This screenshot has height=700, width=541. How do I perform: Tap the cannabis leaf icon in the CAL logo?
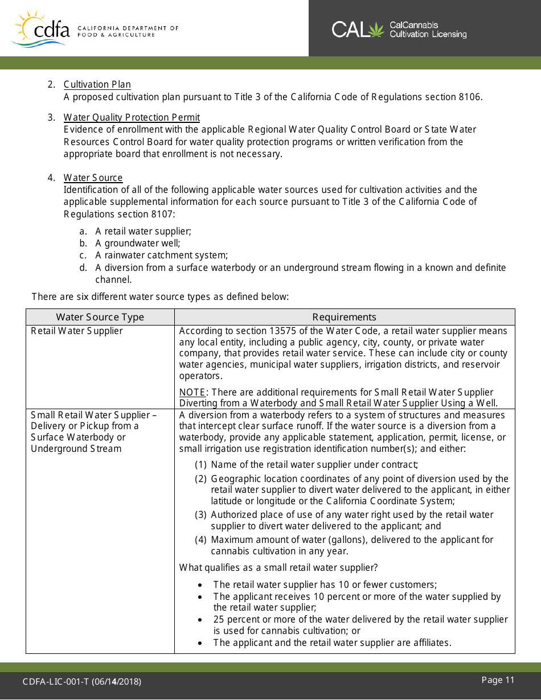(x=376, y=29)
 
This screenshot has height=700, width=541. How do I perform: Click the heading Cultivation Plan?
(x=97, y=85)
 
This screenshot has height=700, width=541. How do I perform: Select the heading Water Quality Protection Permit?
(x=132, y=118)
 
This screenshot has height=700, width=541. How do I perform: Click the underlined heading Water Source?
(x=93, y=178)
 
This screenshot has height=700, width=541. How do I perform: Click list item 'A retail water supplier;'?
(x=143, y=232)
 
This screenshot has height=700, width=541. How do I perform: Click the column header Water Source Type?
(x=100, y=317)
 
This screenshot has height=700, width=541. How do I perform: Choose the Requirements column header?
(x=344, y=317)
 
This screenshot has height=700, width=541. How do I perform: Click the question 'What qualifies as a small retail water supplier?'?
(x=278, y=567)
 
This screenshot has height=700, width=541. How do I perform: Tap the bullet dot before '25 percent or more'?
(x=200, y=620)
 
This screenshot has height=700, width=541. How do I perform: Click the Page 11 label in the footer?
(x=498, y=680)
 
